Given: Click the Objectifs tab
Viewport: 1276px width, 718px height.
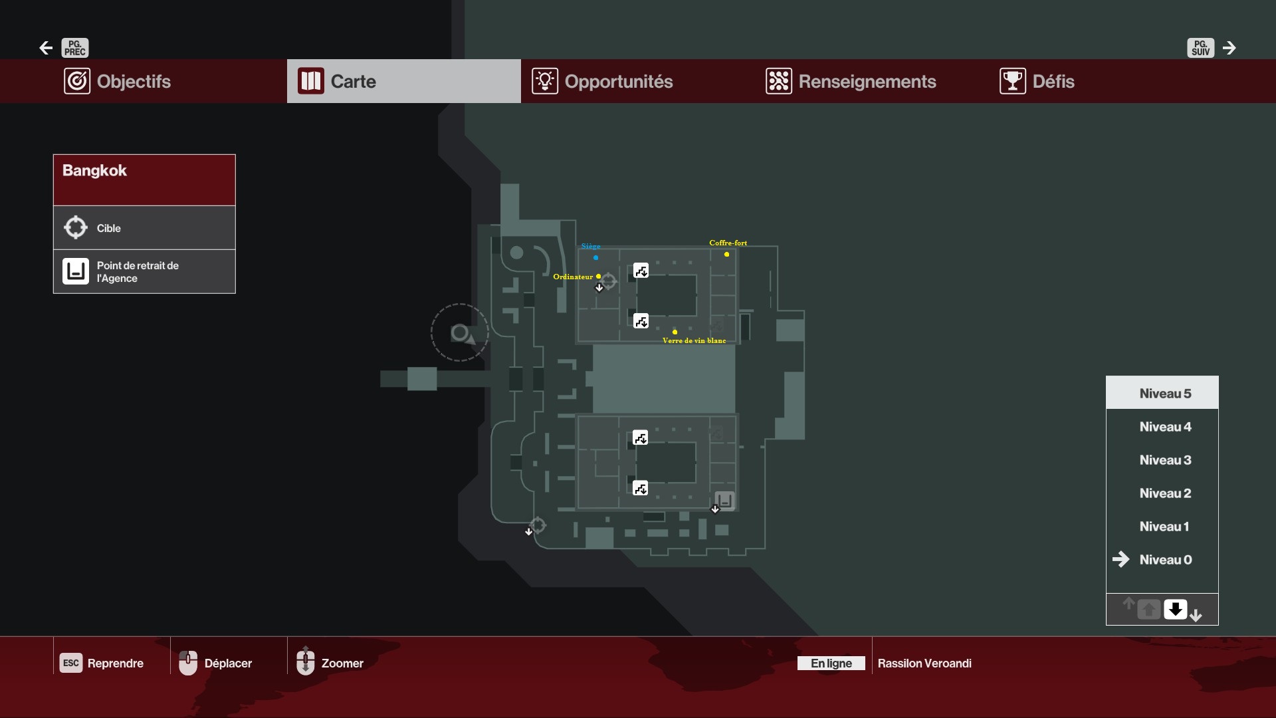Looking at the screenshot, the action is coord(117,81).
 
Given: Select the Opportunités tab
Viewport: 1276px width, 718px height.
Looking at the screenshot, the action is coord(602,81).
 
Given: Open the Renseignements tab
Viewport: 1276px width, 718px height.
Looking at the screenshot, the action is coord(851,81).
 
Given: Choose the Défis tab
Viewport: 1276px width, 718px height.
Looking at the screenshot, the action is coord(1037,81).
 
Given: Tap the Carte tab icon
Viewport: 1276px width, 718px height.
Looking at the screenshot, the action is coord(311,81).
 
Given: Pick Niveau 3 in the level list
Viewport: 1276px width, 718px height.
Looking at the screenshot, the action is coord(1165,459).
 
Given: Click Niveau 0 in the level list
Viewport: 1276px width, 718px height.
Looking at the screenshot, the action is coord(1165,559).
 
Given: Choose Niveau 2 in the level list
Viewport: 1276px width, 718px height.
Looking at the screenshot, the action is coord(1165,493).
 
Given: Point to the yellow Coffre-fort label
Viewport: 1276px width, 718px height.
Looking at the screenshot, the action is coord(728,243).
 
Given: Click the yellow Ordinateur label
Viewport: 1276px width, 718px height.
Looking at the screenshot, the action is coord(573,277).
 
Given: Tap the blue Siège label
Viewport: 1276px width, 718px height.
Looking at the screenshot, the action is coord(590,246).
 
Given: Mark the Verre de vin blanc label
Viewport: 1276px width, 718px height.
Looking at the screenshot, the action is coord(694,340).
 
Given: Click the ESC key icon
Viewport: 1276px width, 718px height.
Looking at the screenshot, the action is coord(71,663).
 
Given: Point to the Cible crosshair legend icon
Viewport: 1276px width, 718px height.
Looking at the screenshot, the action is coord(76,227).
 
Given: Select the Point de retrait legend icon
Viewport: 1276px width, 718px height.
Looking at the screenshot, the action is coord(76,271).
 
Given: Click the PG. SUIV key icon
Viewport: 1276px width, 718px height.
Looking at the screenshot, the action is coord(1200,48).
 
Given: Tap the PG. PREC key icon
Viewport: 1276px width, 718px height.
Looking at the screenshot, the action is coord(75,48).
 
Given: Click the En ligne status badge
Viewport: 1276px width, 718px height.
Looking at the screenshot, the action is coord(831,663).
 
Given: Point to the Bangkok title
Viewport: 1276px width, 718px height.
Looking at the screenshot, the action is coord(94,170).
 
